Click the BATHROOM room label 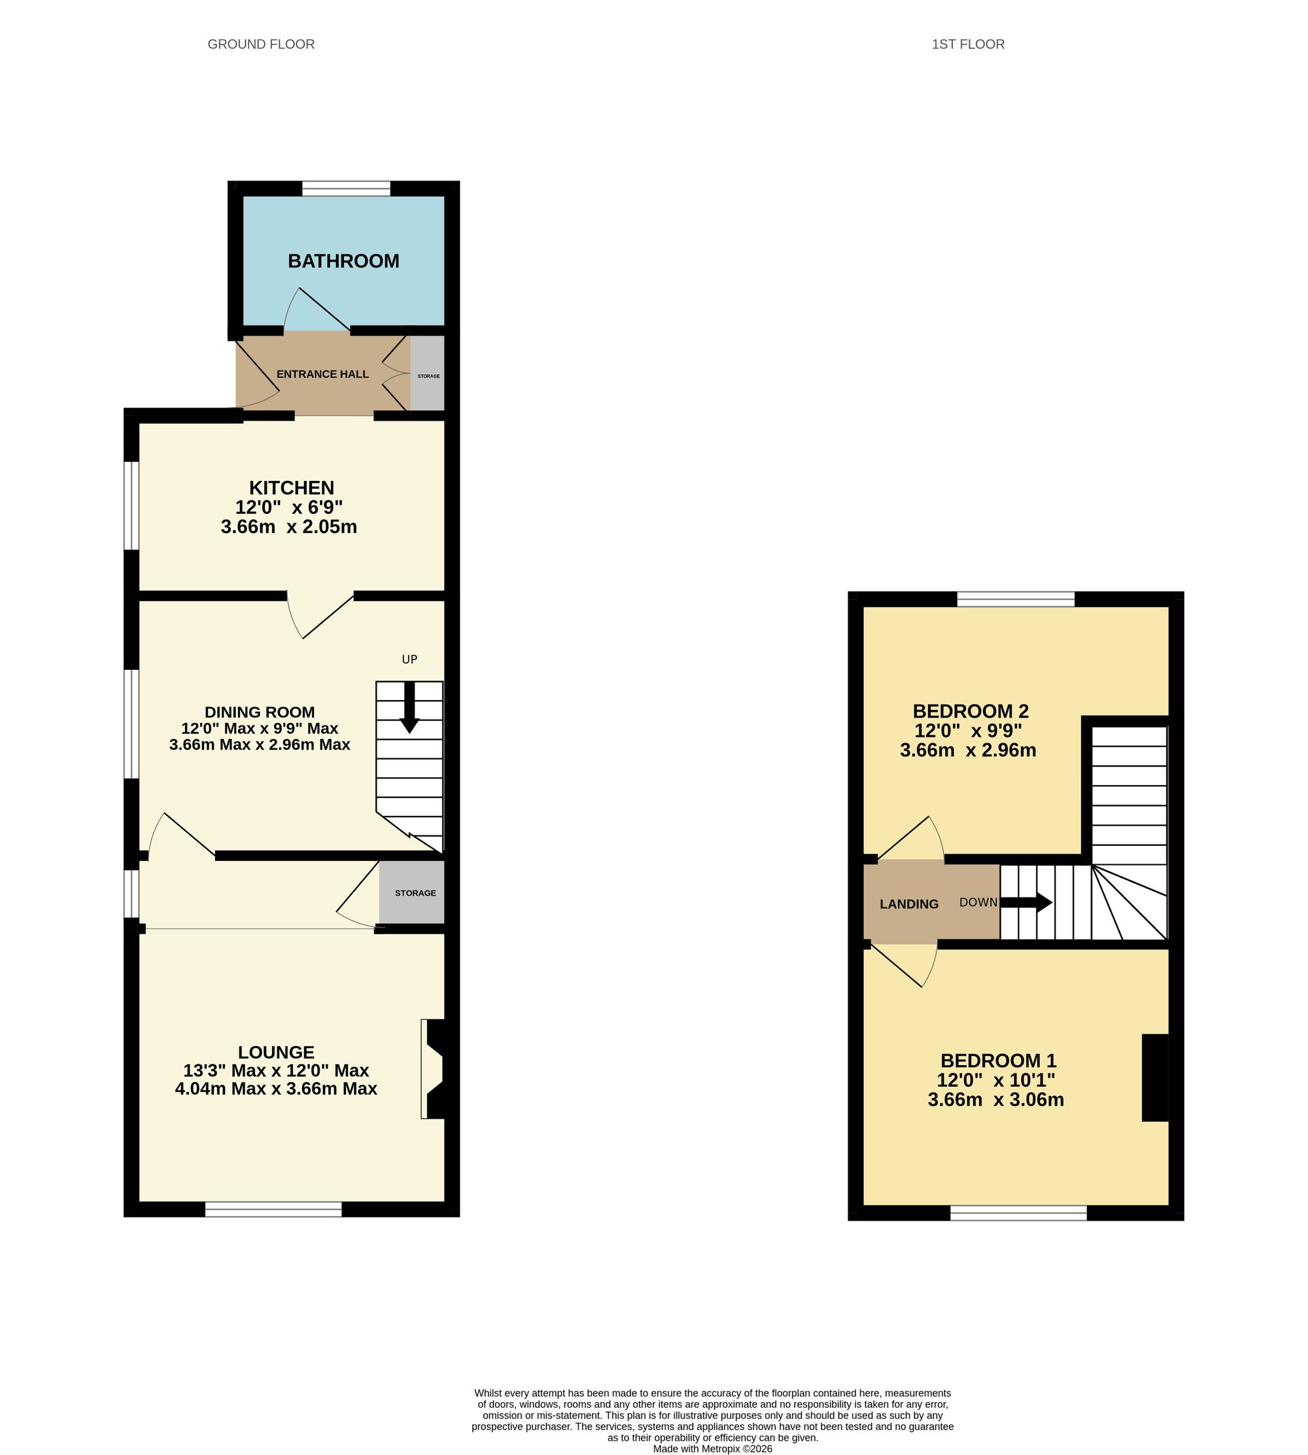(343, 261)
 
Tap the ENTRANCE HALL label (322, 374)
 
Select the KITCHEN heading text (292, 487)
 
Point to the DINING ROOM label (260, 712)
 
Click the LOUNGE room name (276, 1053)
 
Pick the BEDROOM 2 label (971, 711)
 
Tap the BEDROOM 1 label (998, 1061)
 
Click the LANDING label (909, 904)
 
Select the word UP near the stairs (409, 659)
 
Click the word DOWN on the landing (978, 902)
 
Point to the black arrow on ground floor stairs (409, 707)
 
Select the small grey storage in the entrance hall (428, 373)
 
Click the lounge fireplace (434, 1069)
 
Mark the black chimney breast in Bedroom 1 (1155, 1078)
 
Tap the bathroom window (347, 188)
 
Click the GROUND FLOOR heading (261, 44)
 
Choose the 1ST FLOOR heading (968, 44)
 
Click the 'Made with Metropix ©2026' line (713, 1448)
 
